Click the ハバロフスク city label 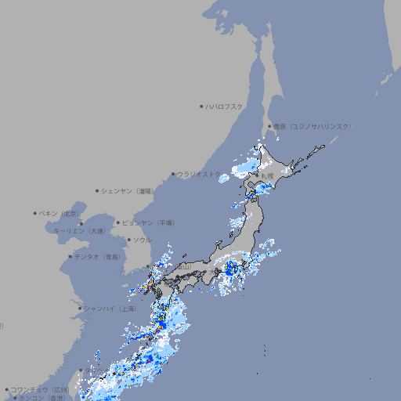[x=225, y=106]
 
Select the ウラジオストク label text [x=200, y=174]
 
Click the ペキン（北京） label [x=60, y=213]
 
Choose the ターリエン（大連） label [x=80, y=231]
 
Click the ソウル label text [x=142, y=240]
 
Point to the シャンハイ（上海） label [x=110, y=309]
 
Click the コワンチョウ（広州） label [x=40, y=389]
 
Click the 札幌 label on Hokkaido [x=266, y=176]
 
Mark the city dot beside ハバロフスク [x=201, y=106]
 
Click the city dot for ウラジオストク [x=173, y=174]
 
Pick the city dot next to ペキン [x=35, y=213]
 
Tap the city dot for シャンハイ [x=80, y=309]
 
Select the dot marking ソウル [x=128, y=240]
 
